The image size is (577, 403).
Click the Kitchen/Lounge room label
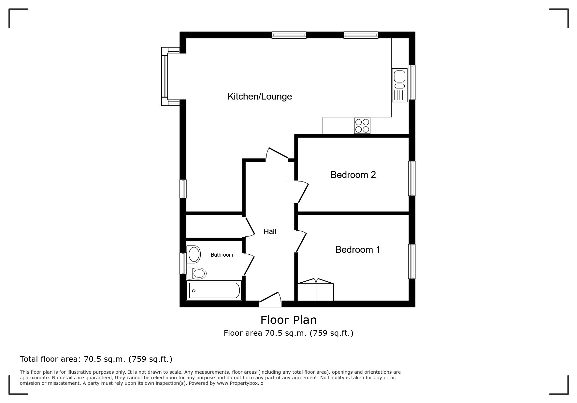pyautogui.click(x=259, y=96)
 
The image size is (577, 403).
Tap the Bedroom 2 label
pyautogui.click(x=353, y=175)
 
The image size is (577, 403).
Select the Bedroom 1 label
pyautogui.click(x=357, y=249)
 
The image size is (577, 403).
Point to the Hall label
pyautogui.click(x=270, y=231)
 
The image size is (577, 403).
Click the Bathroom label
pyautogui.click(x=222, y=255)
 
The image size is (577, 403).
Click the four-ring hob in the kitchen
pyautogui.click(x=362, y=126)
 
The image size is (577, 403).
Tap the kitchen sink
pyautogui.click(x=399, y=85)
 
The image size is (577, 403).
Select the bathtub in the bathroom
pyautogui.click(x=214, y=290)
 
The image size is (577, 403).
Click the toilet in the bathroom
pyautogui.click(x=196, y=274)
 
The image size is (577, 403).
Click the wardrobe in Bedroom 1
pyautogui.click(x=316, y=289)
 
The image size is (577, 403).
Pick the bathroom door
pyautogui.click(x=249, y=264)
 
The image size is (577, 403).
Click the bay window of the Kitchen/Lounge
pyautogui.click(x=170, y=76)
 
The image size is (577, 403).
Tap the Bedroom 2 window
pyautogui.click(x=412, y=179)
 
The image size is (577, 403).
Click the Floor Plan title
pyautogui.click(x=288, y=320)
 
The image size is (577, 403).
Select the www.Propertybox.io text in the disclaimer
pyautogui.click(x=240, y=383)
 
